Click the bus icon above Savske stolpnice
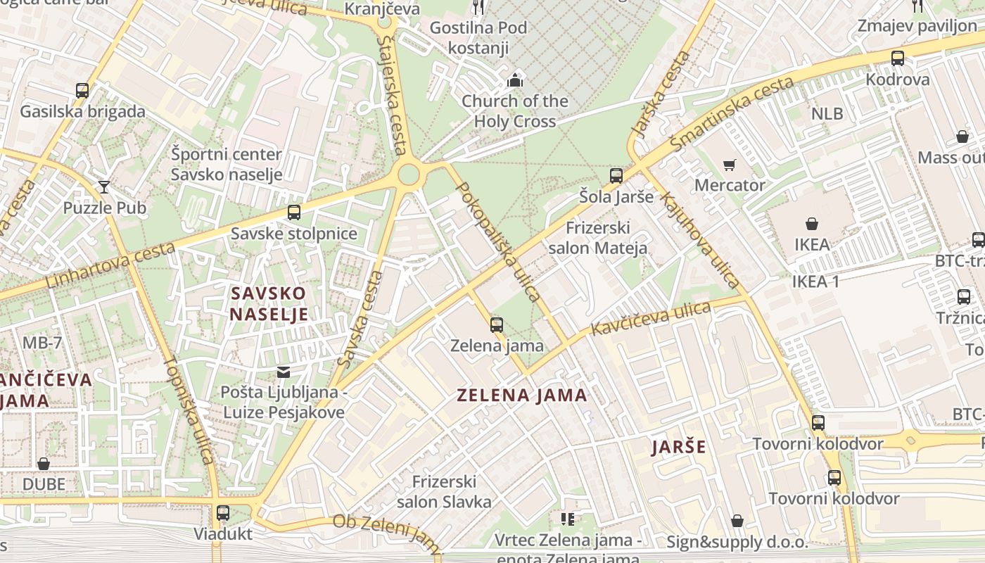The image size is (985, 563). point(294,212)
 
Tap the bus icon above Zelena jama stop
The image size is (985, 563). point(497,324)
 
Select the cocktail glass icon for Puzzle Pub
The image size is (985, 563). point(104,186)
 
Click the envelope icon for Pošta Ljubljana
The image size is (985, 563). point(284,372)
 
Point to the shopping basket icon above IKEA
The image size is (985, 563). point(812,224)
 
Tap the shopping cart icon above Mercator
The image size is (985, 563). point(730,165)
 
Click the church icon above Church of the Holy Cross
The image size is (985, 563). point(515,80)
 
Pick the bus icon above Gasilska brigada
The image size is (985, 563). point(82,90)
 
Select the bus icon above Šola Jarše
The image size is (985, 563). point(616,175)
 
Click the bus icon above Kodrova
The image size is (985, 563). point(898,58)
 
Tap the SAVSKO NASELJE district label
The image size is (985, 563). point(269,303)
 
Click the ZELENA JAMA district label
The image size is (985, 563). point(522,395)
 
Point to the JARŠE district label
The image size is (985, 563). point(678,447)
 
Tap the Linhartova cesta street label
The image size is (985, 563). point(110,265)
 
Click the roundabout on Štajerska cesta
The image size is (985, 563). point(409,174)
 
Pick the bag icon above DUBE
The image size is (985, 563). point(44,464)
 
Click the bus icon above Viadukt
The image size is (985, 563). point(223,512)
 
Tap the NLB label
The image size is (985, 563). point(827,113)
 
